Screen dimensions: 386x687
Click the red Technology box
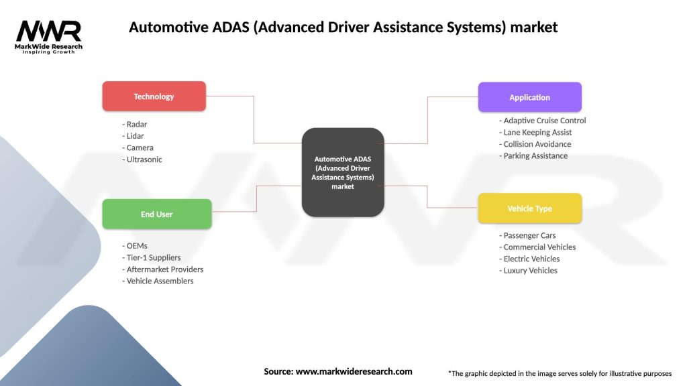click(154, 96)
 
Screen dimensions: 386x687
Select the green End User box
click(156, 214)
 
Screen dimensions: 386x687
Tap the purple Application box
click(529, 97)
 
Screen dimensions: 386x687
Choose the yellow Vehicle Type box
click(529, 208)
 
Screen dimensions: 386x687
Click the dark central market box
click(343, 172)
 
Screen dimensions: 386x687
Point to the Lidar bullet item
click(136, 136)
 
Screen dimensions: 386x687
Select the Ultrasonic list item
click(144, 159)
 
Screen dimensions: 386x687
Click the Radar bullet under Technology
click(136, 124)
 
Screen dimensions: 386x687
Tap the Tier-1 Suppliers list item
click(153, 257)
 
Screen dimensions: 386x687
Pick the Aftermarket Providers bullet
click(164, 269)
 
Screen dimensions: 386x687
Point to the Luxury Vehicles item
click(529, 271)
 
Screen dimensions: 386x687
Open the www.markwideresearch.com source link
click(354, 371)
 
